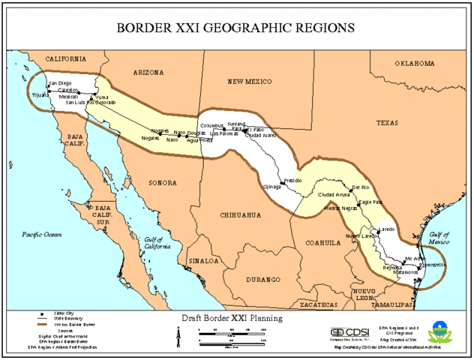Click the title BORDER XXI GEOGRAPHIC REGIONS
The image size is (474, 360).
(235, 28)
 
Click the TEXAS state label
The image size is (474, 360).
(389, 122)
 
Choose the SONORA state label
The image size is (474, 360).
(162, 183)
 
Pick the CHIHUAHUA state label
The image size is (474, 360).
(240, 214)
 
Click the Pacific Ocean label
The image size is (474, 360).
(42, 235)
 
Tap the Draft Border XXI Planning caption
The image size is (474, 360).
(232, 318)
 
